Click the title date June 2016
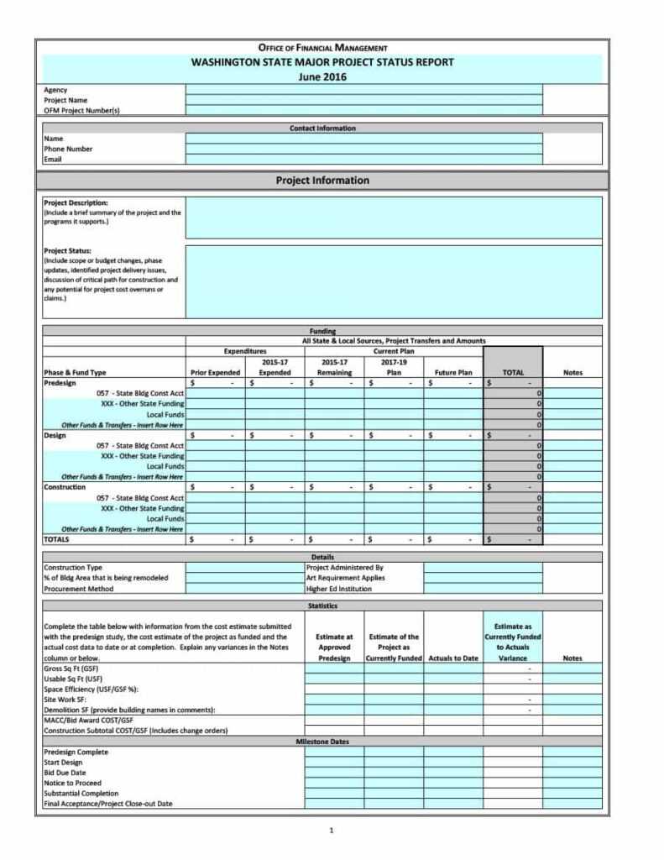click(322, 76)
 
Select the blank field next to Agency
click(363, 89)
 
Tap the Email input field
click(363, 159)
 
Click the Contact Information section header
click(322, 128)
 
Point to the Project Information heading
click(322, 180)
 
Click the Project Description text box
click(393, 218)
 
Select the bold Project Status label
click(68, 250)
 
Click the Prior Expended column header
click(216, 372)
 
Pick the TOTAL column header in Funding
click(513, 372)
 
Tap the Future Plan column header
click(453, 372)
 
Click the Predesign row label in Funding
click(60, 382)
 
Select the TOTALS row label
click(56, 540)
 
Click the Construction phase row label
click(65, 487)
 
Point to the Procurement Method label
click(77, 589)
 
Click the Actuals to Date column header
click(453, 658)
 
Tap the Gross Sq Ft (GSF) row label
click(71, 669)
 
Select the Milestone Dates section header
click(322, 742)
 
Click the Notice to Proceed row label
click(72, 783)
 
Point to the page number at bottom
click(332, 831)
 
